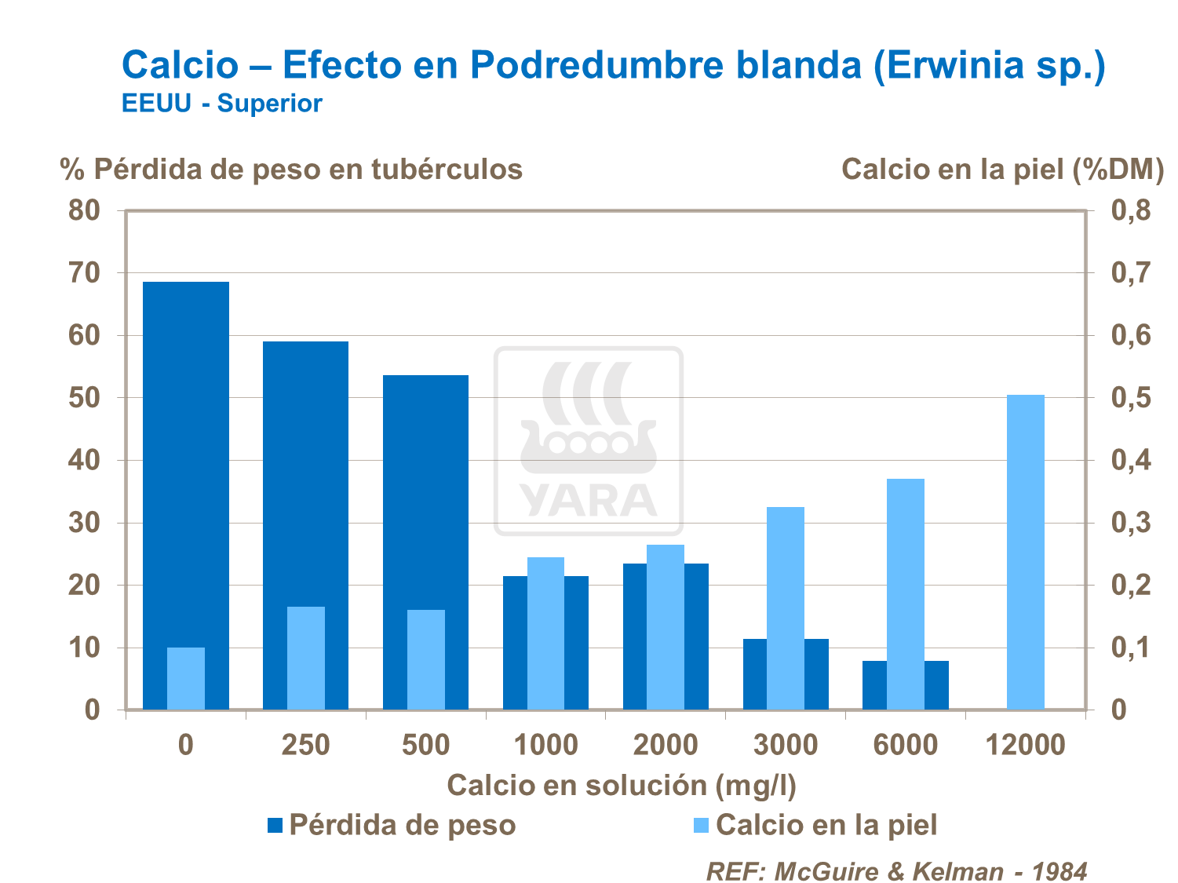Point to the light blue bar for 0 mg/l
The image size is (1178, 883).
186,678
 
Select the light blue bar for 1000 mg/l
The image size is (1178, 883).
545,633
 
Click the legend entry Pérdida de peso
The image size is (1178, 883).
392,825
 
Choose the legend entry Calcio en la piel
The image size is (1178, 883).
815,825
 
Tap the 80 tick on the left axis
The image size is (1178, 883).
84,210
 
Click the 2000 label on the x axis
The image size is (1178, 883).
666,744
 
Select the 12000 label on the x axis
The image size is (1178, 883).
1025,744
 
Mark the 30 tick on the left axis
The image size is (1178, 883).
84,523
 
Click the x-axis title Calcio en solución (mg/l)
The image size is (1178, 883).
622,785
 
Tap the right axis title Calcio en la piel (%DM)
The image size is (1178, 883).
1002,169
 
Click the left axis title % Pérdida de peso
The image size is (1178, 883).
291,169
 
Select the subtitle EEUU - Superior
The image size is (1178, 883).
221,104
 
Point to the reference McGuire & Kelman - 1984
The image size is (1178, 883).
896,871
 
